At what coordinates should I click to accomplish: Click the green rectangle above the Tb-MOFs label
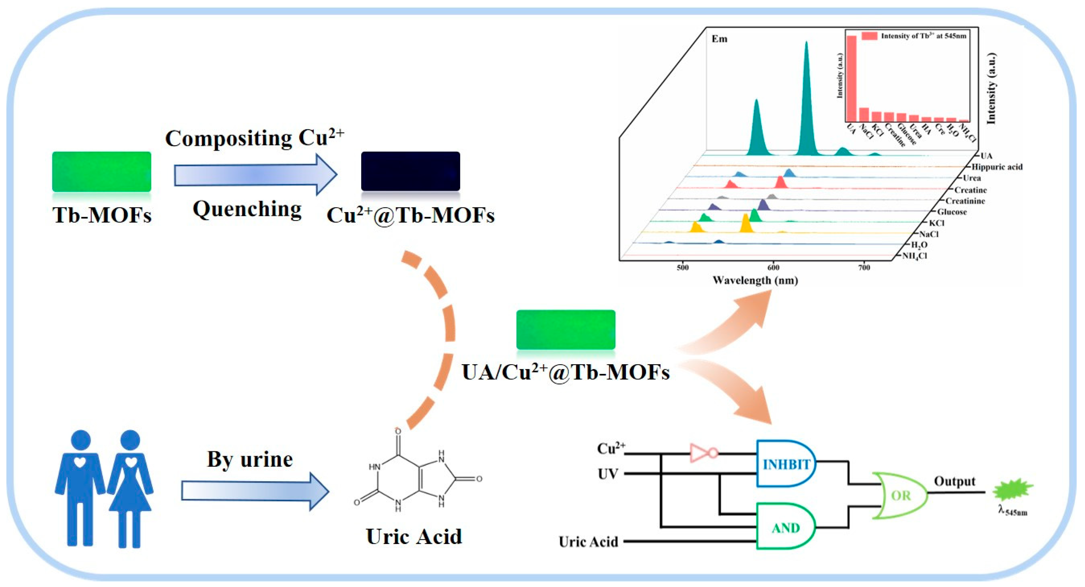[x=102, y=172]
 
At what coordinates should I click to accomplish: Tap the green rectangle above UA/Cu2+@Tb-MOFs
[x=565, y=329]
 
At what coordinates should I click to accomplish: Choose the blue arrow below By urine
[x=255, y=491]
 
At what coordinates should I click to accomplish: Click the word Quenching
[x=247, y=209]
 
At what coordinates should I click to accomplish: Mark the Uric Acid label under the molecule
[x=414, y=536]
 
